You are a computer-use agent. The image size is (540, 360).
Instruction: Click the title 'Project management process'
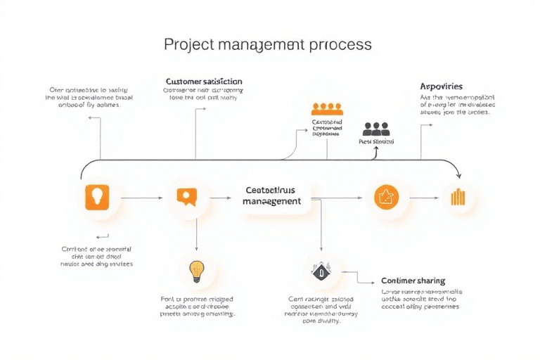tap(268, 44)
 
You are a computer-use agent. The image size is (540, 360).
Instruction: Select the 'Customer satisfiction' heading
tap(203, 82)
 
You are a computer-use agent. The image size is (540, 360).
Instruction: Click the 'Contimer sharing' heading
tap(413, 281)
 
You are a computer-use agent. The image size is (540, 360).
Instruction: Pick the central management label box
tap(271, 195)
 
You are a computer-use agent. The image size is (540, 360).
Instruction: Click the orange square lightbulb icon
tap(98, 198)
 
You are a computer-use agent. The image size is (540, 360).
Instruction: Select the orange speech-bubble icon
tap(186, 198)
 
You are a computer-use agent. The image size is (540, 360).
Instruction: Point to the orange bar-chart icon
tap(458, 197)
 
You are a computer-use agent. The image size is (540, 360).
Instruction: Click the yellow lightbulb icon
tap(195, 270)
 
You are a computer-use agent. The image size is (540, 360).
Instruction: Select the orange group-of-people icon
tap(327, 109)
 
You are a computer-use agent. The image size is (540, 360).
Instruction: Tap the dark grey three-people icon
tap(376, 129)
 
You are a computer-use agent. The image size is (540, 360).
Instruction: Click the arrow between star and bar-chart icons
tap(423, 198)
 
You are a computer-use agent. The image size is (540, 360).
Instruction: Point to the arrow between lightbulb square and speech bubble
tap(143, 198)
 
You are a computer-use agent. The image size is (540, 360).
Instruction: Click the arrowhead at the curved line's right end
tap(458, 174)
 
